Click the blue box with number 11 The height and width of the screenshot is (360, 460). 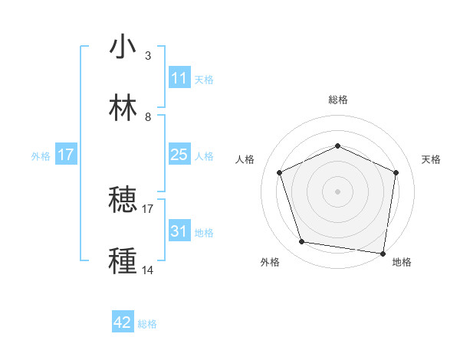click(x=179, y=78)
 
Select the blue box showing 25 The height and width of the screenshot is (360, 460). click(x=179, y=155)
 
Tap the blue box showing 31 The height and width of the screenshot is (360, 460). click(x=179, y=231)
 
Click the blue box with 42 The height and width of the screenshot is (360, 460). click(x=123, y=323)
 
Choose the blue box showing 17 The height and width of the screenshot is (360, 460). click(x=66, y=155)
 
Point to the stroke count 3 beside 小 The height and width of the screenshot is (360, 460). click(x=148, y=56)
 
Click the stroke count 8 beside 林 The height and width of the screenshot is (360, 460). click(x=148, y=117)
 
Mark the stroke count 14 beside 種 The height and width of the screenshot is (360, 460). click(x=148, y=270)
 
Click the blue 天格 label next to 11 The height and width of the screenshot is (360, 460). click(x=204, y=79)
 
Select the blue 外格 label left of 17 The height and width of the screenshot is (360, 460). click(x=41, y=155)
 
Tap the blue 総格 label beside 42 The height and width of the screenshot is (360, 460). click(x=147, y=324)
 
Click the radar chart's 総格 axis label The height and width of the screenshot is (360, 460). click(x=337, y=100)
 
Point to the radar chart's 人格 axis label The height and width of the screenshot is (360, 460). click(x=246, y=159)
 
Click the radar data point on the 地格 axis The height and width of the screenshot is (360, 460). click(x=384, y=253)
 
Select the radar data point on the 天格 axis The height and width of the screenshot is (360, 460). click(x=396, y=172)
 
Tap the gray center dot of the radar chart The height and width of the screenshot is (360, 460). click(x=337, y=191)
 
